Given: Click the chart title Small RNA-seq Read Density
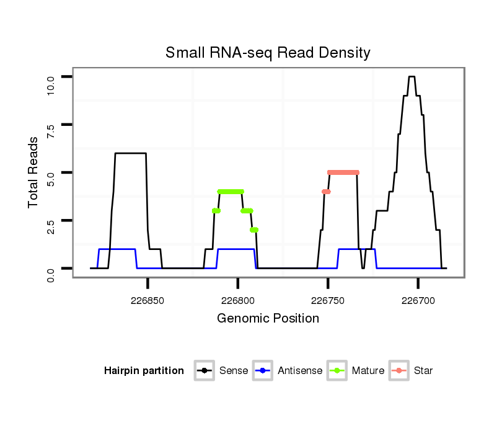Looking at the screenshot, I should (268, 53).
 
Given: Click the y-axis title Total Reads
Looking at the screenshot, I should (34, 172).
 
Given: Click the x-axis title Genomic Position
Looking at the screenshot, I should (268, 319).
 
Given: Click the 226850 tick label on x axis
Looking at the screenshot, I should (148, 300).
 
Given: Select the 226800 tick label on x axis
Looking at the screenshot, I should (237, 300).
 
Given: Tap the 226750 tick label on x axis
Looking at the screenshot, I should (328, 300).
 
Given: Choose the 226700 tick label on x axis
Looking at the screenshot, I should (418, 300).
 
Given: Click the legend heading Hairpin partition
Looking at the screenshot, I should (144, 371).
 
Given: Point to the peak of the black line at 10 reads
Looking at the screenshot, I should (412, 76).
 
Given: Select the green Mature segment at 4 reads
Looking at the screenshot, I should (231, 192).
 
